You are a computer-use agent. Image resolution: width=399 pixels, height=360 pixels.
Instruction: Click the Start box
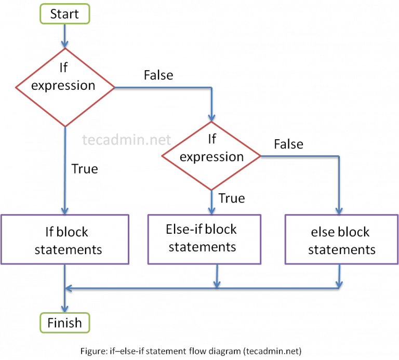coord(64,14)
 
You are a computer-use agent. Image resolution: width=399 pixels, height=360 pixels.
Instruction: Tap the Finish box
coord(64,323)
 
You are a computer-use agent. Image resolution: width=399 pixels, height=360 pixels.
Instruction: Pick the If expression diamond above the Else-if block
coord(211,156)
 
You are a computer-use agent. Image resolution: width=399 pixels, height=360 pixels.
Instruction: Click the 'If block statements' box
coord(64,239)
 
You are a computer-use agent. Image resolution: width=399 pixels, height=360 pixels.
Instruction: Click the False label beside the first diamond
coord(158,75)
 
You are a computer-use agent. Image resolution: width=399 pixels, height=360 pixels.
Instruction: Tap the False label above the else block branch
coord(288,144)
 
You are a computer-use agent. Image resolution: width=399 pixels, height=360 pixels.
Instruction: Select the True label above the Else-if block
coord(232,198)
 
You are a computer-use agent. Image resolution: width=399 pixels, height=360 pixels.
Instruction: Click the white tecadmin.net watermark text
coord(127,139)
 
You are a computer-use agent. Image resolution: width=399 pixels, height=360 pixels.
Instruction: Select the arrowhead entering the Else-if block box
coord(211,210)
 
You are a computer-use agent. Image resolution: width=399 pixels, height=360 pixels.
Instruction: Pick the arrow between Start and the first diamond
coord(64,36)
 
